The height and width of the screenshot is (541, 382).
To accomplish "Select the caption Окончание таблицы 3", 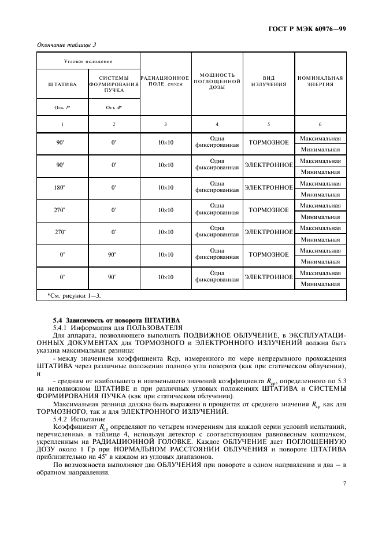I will point(66,45).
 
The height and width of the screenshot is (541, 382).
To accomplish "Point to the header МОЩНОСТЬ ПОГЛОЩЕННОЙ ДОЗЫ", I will point(217,84).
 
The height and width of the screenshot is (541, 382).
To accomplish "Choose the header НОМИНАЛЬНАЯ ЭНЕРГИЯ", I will point(320,80).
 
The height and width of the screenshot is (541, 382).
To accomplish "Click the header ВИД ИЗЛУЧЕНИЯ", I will point(268,80).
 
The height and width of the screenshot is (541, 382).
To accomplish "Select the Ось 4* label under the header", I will point(114,108).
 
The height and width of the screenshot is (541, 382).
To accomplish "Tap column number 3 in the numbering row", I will point(165,124).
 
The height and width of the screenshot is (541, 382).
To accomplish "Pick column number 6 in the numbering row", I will point(320,124).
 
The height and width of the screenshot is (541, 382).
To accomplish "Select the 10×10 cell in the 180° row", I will point(165,187).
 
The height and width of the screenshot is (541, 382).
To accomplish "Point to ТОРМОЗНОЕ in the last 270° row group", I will point(268,210).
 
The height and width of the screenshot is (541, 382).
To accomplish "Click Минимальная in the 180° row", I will point(320,195).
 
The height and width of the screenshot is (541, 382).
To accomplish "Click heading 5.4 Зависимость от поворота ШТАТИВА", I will point(116,320).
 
